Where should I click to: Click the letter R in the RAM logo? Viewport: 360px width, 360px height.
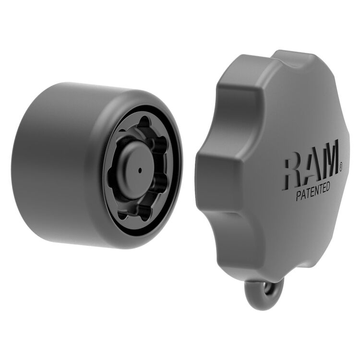293,172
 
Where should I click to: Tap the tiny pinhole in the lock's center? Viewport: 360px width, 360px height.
139,169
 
